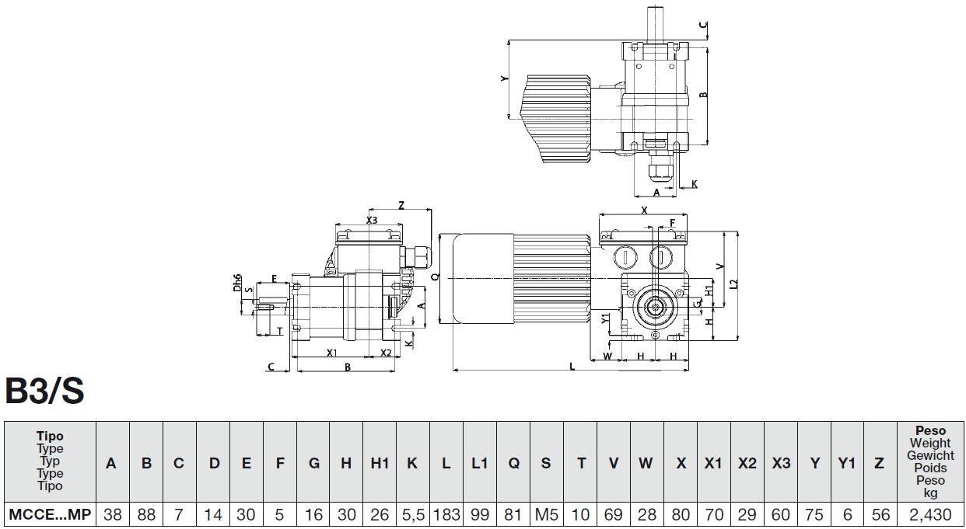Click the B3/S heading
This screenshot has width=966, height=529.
point(45,392)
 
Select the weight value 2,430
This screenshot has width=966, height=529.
point(930,513)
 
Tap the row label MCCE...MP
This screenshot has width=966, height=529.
point(50,513)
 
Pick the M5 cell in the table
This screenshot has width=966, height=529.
point(546,513)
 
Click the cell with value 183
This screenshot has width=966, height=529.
point(446,513)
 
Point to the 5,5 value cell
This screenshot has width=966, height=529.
point(412,513)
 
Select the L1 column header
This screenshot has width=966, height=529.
point(479,463)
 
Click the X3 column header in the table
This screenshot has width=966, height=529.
point(781,463)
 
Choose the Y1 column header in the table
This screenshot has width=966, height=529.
point(847,463)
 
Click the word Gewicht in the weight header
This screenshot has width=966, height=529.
point(930,456)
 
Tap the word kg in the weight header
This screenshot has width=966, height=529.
point(930,492)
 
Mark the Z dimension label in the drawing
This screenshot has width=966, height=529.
point(401,205)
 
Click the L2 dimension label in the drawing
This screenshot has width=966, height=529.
point(734,284)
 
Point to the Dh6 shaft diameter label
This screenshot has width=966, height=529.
point(237,283)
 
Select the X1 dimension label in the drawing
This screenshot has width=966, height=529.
point(332,353)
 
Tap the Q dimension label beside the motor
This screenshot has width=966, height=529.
point(436,277)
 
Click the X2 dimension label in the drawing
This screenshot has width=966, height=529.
point(386,353)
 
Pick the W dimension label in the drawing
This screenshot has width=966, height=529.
point(608,356)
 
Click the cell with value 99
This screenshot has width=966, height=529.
point(479,513)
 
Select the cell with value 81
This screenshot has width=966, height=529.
point(513,513)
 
